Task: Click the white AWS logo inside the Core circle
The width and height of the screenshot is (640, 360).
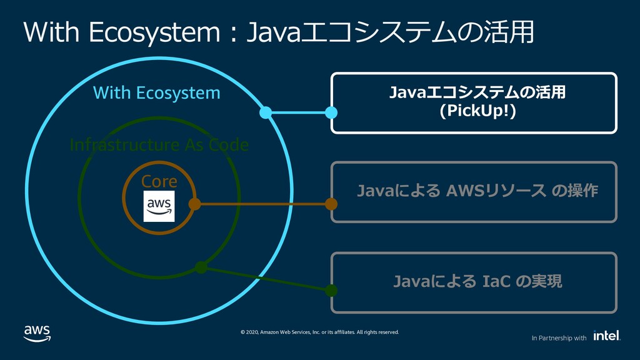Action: [x=159, y=206]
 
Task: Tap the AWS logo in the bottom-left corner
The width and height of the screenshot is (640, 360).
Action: [x=37, y=334]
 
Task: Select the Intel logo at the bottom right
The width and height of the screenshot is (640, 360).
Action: [x=607, y=336]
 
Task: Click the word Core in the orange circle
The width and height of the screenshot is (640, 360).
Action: [x=159, y=181]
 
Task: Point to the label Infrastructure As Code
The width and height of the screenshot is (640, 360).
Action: [x=159, y=145]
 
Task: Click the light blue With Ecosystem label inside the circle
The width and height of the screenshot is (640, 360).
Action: [x=157, y=92]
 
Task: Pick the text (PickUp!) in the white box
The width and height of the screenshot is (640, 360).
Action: [x=477, y=111]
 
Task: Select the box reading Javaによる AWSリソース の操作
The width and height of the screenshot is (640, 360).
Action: [x=474, y=192]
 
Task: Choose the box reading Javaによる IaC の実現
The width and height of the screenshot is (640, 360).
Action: [x=474, y=282]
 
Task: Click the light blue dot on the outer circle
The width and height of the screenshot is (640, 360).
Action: [x=266, y=112]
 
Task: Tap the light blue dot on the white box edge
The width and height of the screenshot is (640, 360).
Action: [x=331, y=112]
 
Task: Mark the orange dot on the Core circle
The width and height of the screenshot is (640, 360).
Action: [x=195, y=204]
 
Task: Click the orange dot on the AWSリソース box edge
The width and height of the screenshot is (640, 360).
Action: [x=331, y=204]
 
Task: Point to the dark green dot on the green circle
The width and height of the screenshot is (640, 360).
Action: [x=201, y=267]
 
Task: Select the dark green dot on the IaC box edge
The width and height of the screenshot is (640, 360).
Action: [x=331, y=290]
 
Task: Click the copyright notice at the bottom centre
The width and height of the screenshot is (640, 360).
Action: [x=319, y=332]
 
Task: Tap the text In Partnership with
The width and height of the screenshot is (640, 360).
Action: [x=559, y=338]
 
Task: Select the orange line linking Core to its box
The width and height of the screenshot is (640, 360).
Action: [x=263, y=204]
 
